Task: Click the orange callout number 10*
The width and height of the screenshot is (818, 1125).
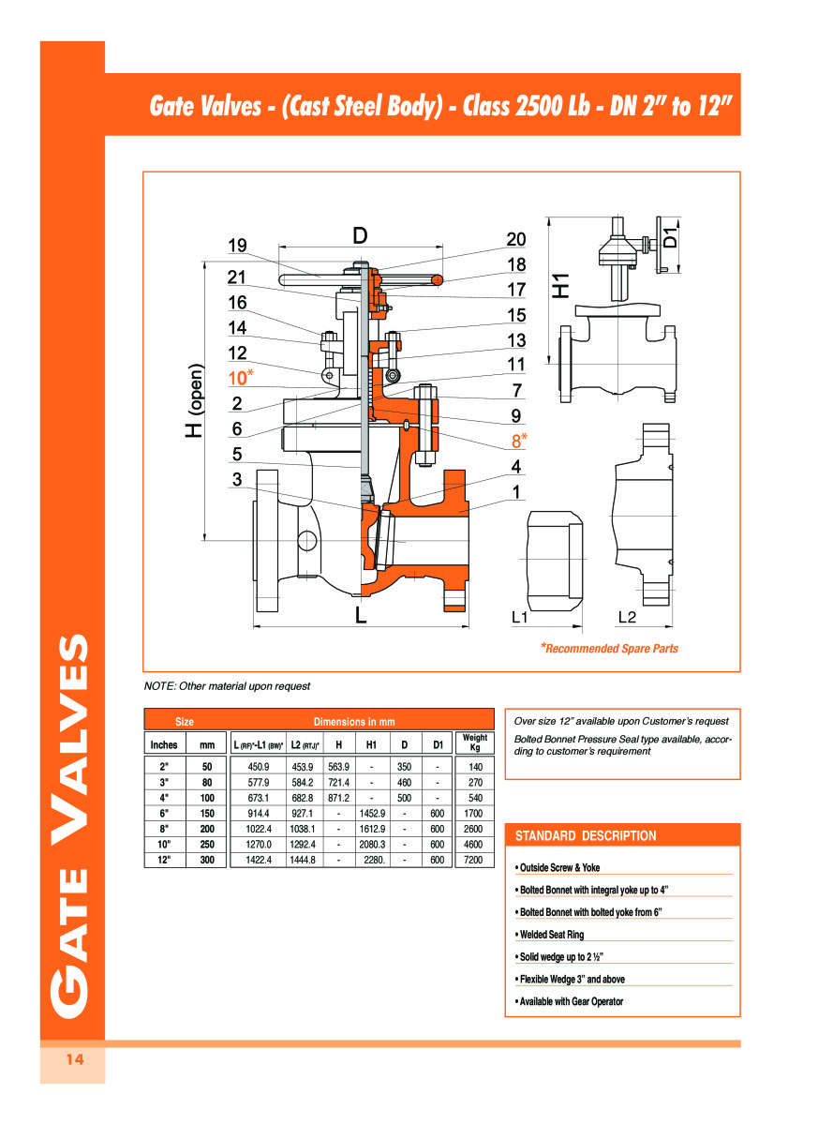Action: pos(241,378)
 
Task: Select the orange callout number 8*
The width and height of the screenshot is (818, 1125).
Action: pos(519,441)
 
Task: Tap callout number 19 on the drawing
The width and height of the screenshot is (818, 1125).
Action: pos(237,246)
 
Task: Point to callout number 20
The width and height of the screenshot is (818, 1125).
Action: pos(516,239)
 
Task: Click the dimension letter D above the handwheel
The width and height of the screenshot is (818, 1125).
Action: pos(360,235)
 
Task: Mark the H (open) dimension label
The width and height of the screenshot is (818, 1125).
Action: pos(195,400)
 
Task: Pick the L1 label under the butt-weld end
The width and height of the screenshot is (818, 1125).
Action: pos(519,617)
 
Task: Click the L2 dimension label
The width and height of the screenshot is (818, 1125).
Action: pos(627,617)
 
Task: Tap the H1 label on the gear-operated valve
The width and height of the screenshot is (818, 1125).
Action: pos(560,286)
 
